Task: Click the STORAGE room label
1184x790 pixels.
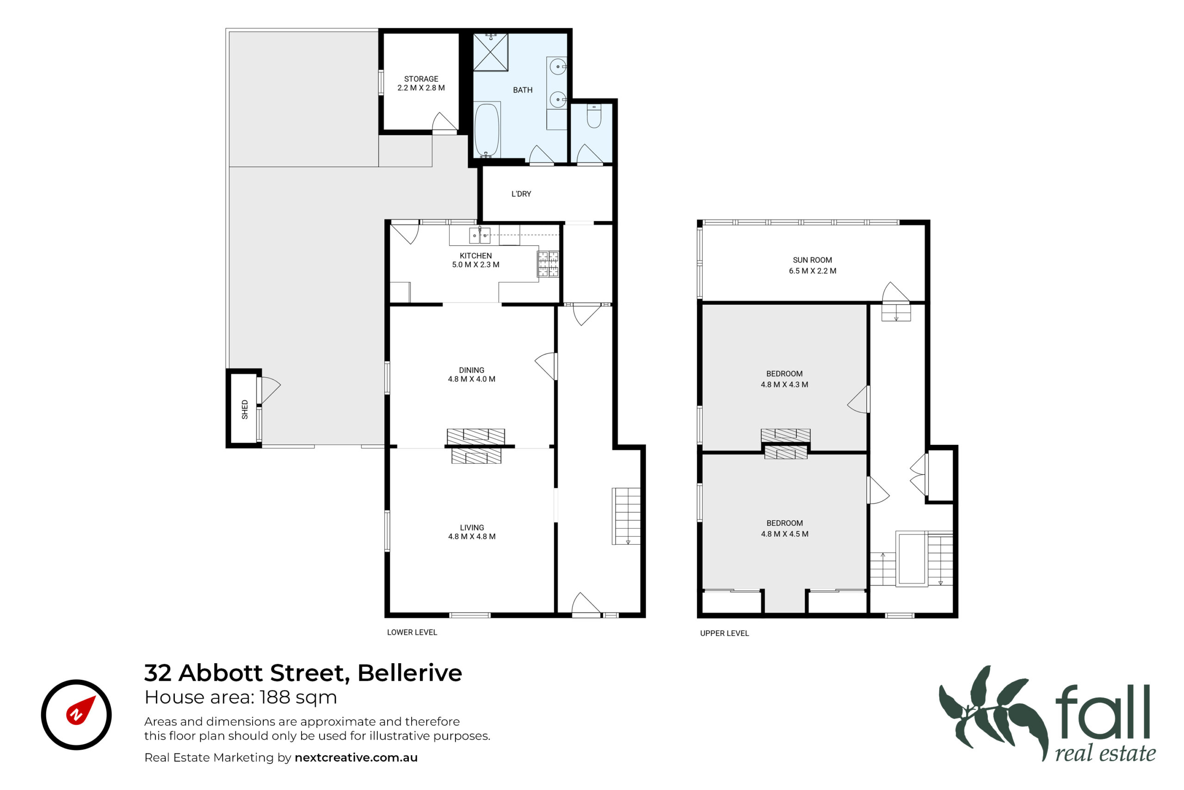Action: click(x=421, y=79)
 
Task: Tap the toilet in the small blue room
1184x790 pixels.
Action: click(x=594, y=116)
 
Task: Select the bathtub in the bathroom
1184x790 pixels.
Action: click(x=487, y=130)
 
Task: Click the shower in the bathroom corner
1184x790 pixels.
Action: click(x=490, y=52)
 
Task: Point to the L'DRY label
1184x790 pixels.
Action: click(x=521, y=194)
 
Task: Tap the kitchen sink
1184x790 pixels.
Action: click(x=479, y=235)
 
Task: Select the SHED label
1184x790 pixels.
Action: click(x=245, y=409)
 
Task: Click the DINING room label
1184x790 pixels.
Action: click(x=471, y=370)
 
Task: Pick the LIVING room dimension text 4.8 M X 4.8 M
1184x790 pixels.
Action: click(x=472, y=536)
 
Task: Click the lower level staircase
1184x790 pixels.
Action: click(x=626, y=516)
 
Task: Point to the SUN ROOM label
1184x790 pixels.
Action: click(x=812, y=260)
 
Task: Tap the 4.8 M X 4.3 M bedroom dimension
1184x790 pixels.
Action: click(x=784, y=385)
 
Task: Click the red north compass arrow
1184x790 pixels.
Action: click(x=80, y=710)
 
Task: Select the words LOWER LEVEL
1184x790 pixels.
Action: click(x=412, y=632)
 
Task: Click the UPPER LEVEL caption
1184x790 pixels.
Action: click(x=724, y=633)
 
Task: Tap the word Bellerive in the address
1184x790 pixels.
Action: click(x=409, y=673)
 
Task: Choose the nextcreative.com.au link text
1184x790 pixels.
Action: click(x=356, y=758)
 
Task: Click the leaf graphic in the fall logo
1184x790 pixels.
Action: click(x=992, y=713)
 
